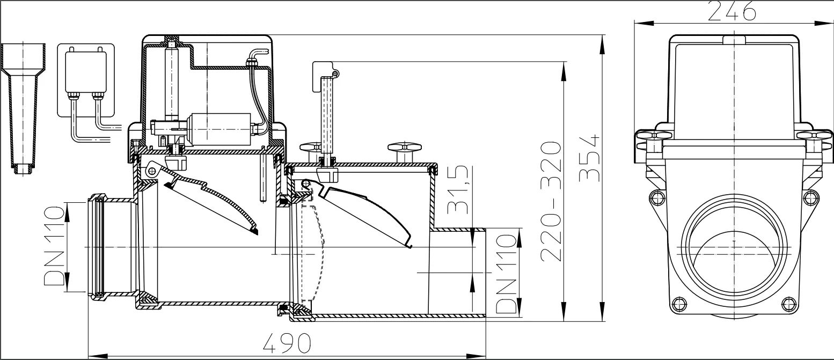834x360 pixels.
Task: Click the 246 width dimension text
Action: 731,11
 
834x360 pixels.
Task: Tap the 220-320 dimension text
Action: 552,201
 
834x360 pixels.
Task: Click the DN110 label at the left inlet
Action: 54,247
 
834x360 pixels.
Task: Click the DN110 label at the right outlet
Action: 507,274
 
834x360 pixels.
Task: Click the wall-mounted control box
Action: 86,70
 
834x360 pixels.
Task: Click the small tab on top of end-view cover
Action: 734,40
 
